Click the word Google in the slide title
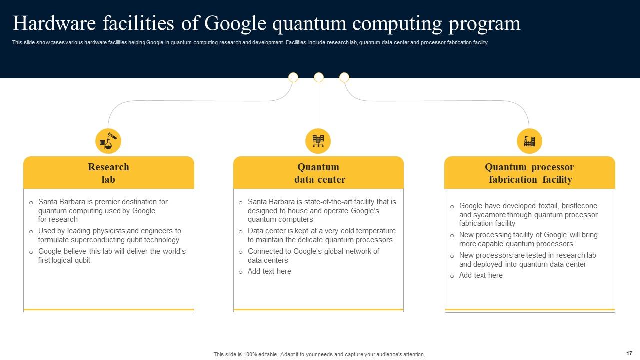tap(235, 23)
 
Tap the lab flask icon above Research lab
tap(108, 141)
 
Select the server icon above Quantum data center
tap(318, 141)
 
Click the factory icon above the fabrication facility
tap(529, 141)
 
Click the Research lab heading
tap(108, 173)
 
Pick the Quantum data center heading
tap(318, 173)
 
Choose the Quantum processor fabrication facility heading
tap(529, 173)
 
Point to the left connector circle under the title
tap(293, 77)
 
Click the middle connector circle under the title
tap(319, 77)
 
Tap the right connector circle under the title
tap(344, 77)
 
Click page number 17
tap(629, 353)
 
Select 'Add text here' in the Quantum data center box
tap(269, 271)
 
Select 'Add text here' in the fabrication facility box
tap(481, 275)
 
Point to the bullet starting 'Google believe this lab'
tap(112, 256)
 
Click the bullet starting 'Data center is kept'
tap(321, 235)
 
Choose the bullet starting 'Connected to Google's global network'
tap(313, 256)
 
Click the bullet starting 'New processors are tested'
tap(527, 260)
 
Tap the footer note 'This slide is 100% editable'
tap(319, 354)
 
